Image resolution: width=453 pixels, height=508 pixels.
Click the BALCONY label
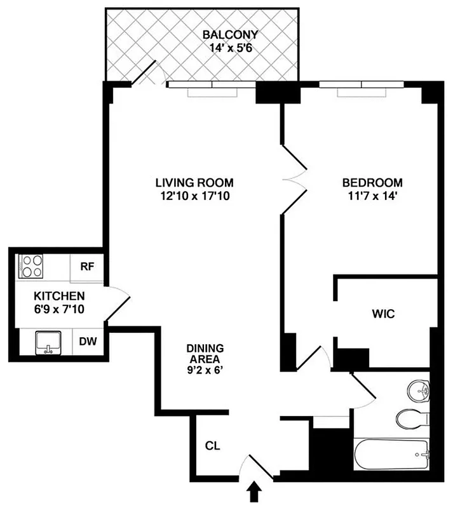pyautogui.click(x=231, y=34)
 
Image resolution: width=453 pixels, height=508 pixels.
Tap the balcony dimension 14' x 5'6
pyautogui.click(x=231, y=48)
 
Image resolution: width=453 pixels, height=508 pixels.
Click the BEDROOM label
pyautogui.click(x=372, y=183)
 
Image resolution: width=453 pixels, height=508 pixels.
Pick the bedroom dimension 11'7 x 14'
pyautogui.click(x=372, y=197)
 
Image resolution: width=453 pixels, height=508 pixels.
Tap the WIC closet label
pyautogui.click(x=384, y=313)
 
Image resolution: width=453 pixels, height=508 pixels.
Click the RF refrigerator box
pyautogui.click(x=87, y=266)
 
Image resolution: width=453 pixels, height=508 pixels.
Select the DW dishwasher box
pyautogui.click(x=88, y=342)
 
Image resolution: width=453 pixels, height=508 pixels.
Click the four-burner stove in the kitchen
pyautogui.click(x=30, y=266)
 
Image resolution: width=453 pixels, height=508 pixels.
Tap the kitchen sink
pyautogui.click(x=46, y=342)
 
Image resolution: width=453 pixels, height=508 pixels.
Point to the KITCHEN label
pyautogui.click(x=59, y=296)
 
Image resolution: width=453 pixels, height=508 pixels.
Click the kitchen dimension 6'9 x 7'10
pyautogui.click(x=59, y=309)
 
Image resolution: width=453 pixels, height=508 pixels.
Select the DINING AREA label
pyautogui.click(x=205, y=354)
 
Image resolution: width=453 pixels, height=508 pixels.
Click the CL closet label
pyautogui.click(x=212, y=446)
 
